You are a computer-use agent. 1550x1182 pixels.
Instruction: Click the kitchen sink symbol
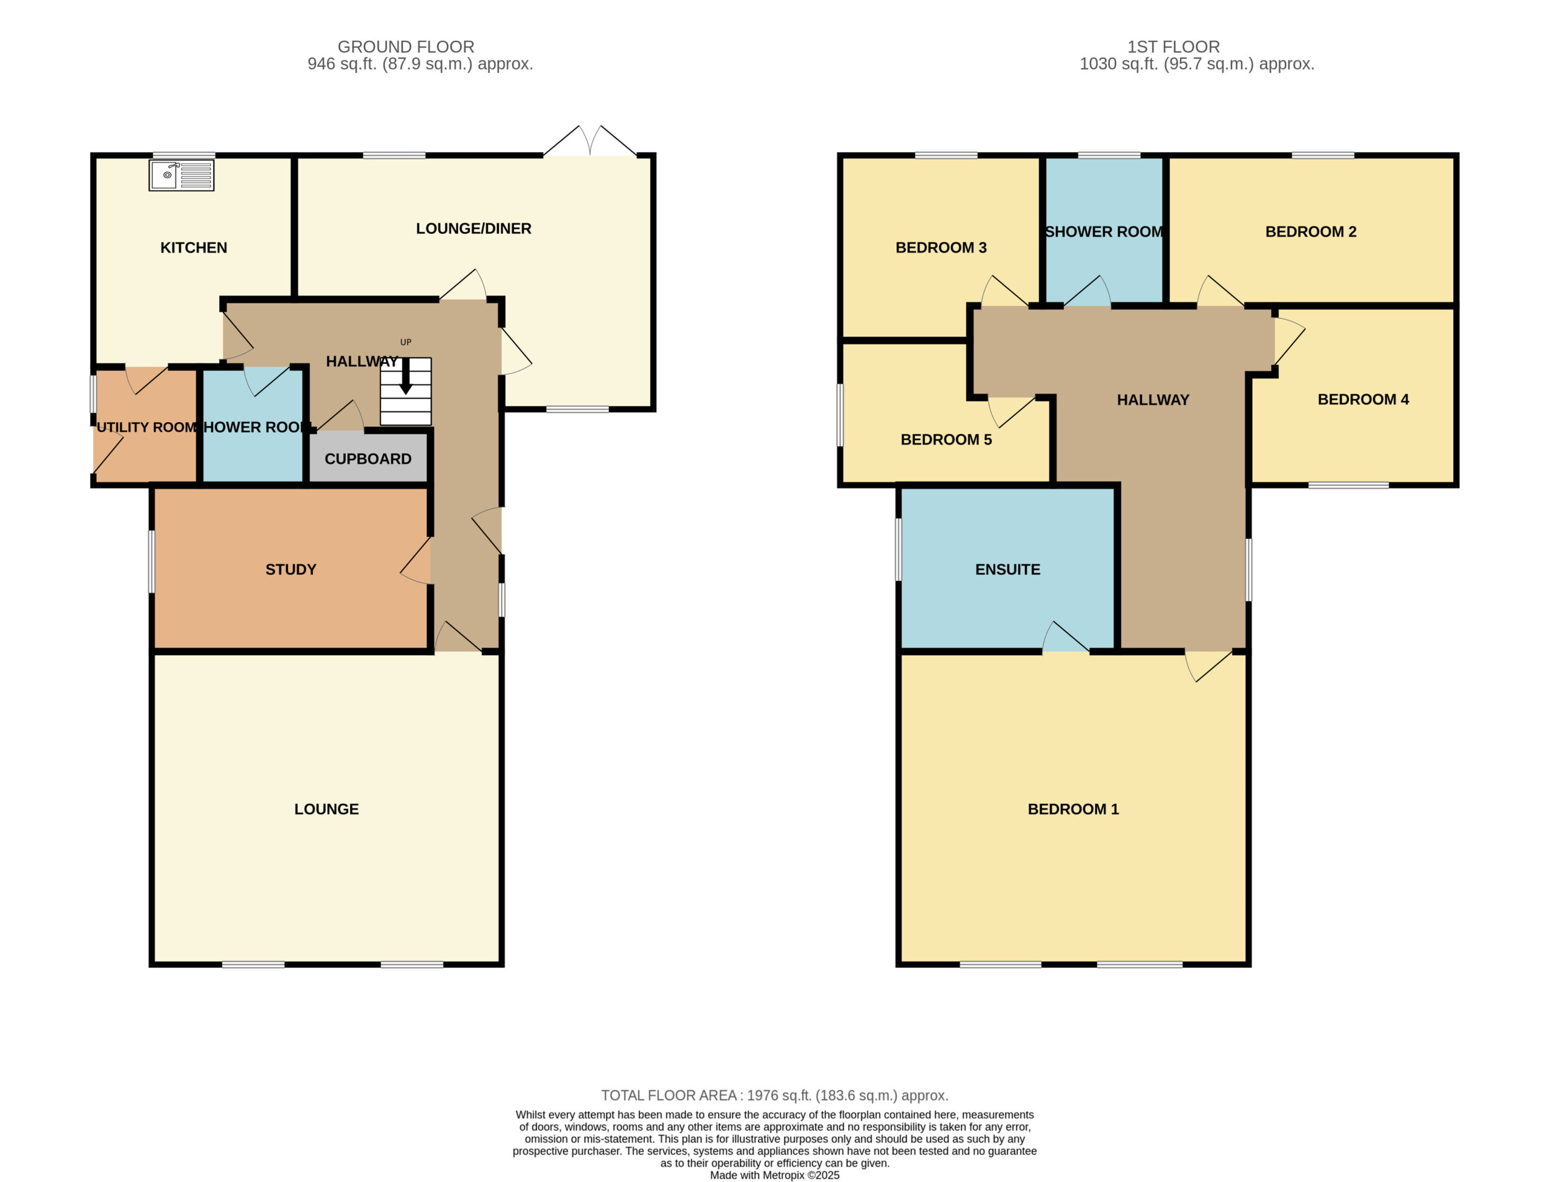tap(182, 175)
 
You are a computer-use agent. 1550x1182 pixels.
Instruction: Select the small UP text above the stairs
tap(406, 342)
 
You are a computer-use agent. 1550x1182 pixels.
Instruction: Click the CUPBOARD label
tap(368, 459)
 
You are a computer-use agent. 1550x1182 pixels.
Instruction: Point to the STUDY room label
tap(291, 569)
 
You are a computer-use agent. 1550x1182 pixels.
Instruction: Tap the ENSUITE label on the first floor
tap(1007, 569)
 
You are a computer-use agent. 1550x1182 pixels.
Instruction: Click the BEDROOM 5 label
tap(946, 440)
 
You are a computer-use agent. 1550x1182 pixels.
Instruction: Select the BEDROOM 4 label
tap(1363, 400)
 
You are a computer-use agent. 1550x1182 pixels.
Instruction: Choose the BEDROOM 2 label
tap(1311, 231)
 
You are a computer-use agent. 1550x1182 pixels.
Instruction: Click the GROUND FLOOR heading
tap(406, 47)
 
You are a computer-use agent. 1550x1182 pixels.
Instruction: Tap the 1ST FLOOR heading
tap(1173, 47)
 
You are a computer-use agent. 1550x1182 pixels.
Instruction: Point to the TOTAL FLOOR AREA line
tap(774, 1095)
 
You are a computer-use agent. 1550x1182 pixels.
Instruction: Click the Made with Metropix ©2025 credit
tap(774, 1175)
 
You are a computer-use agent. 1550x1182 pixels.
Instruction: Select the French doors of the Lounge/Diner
tap(590, 140)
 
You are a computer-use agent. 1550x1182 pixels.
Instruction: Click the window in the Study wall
tap(151, 561)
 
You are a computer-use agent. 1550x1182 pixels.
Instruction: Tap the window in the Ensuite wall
tap(899, 549)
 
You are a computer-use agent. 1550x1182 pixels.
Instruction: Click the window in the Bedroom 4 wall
tap(1349, 485)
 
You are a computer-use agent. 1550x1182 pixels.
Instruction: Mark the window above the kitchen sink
tap(183, 155)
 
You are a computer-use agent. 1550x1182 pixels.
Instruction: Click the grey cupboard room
tap(368, 457)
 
